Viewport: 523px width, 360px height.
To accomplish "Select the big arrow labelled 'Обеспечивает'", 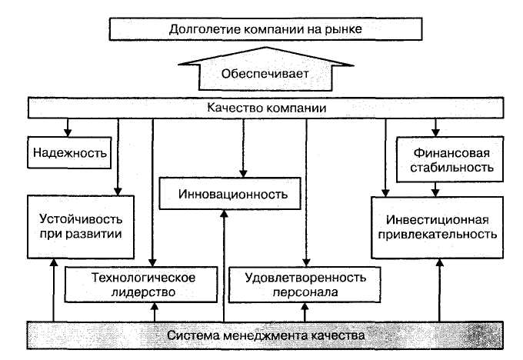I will [265, 74].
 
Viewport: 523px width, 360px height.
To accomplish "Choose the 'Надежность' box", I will [68, 152].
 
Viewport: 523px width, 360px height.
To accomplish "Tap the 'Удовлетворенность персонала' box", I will [305, 284].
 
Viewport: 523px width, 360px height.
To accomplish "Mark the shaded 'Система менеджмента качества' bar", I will [265, 335].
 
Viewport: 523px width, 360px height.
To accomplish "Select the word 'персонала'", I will [305, 292].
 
